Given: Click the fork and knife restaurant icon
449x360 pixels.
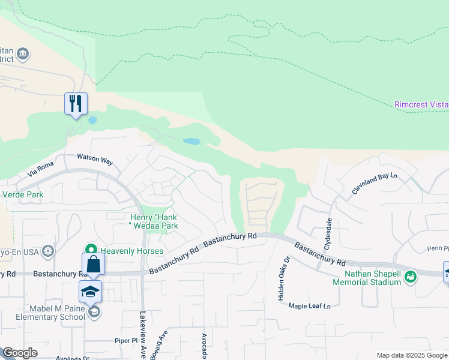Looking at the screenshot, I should pyautogui.click(x=76, y=103).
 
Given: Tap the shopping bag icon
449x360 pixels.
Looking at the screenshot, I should pyautogui.click(x=93, y=264).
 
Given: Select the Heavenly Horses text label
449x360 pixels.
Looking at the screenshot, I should pyautogui.click(x=133, y=250).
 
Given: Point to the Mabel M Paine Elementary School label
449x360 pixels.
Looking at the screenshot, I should pyautogui.click(x=43, y=312).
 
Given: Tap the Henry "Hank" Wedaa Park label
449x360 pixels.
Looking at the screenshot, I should pyautogui.click(x=154, y=221).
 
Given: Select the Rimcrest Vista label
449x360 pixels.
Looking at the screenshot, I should pyautogui.click(x=421, y=104).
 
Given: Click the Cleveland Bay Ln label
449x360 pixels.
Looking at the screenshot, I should pyautogui.click(x=375, y=184).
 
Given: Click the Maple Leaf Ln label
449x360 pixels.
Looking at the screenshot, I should pyautogui.click(x=310, y=306).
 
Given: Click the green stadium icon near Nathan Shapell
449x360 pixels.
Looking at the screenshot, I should pyautogui.click(x=411, y=277).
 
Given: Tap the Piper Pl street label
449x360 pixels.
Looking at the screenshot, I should pyautogui.click(x=126, y=340).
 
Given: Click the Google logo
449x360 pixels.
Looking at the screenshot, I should pyautogui.click(x=20, y=353).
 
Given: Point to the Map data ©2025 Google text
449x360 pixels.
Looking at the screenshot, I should pyautogui.click(x=412, y=355).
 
